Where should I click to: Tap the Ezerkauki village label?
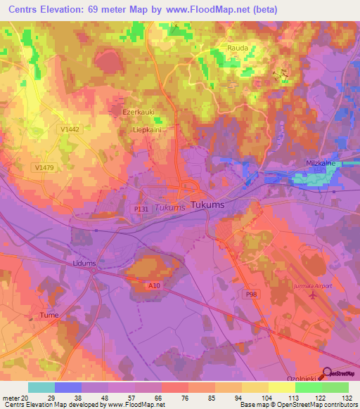(138, 112)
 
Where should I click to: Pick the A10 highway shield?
(155, 285)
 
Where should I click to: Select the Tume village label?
(49, 315)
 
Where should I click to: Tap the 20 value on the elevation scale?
(25, 397)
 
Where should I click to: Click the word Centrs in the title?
(25, 10)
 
